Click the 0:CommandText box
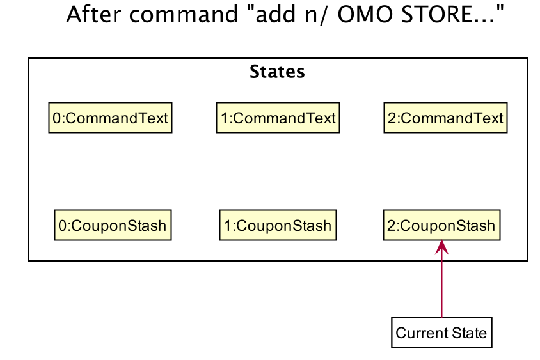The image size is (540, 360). point(110,118)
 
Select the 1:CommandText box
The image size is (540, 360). point(278,118)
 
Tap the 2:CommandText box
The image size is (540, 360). point(446,118)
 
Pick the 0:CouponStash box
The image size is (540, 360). point(113,225)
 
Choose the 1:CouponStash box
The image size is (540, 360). point(278,225)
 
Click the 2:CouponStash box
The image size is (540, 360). point(441,225)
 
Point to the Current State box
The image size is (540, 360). point(441,333)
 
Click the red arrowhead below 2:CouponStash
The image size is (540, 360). point(441,247)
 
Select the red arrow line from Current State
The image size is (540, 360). point(441,279)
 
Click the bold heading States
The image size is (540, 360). point(277,72)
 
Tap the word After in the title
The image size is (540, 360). point(93,15)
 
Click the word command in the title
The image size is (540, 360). point(184,15)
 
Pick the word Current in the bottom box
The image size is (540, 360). point(422,333)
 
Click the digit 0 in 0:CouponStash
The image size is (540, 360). point(62,226)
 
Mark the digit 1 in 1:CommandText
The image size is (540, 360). point(224,118)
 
